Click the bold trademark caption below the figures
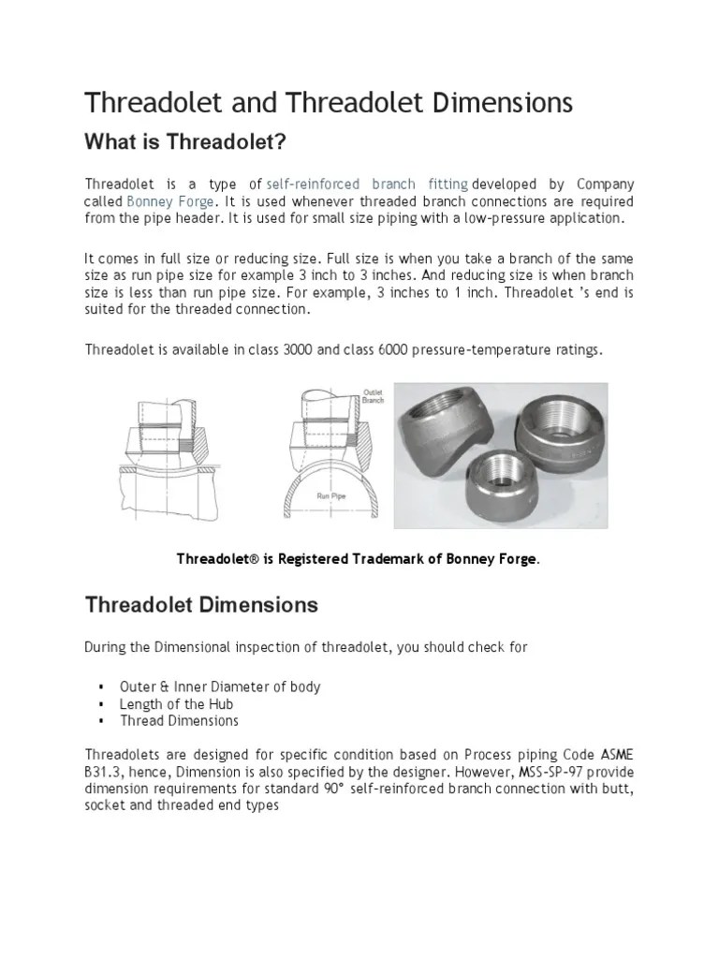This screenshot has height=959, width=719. [x=359, y=559]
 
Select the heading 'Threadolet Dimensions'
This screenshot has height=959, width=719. [x=201, y=605]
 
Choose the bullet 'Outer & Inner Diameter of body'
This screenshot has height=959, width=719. [x=219, y=686]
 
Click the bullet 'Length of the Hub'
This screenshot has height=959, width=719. [x=176, y=703]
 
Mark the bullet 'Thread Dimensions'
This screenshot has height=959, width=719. [x=179, y=720]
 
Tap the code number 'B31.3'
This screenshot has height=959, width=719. [x=102, y=772]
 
